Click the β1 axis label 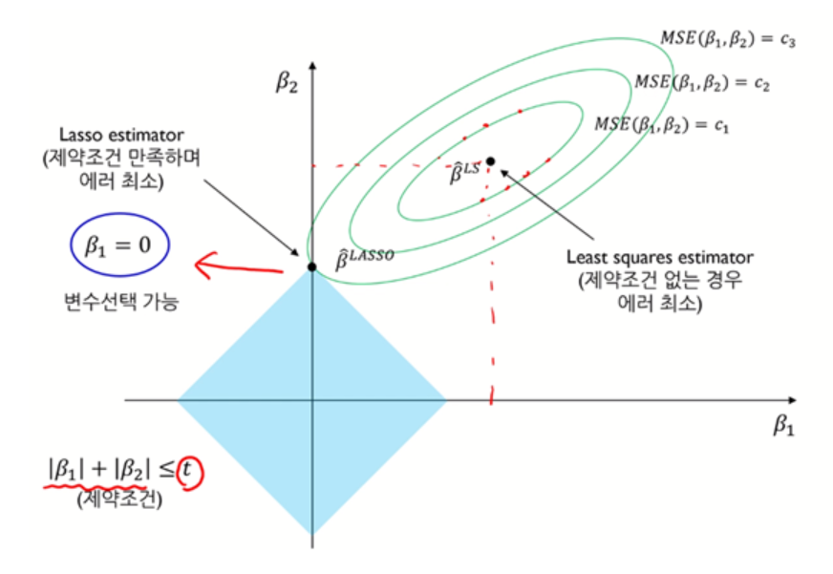tap(783, 425)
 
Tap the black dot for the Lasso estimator tap(312, 266)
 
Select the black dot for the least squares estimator tap(491, 160)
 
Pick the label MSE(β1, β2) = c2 tap(703, 82)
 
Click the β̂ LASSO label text tap(363, 255)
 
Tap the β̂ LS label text tap(464, 173)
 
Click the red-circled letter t tap(194, 472)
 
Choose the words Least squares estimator tap(660, 257)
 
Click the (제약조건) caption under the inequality tap(119, 498)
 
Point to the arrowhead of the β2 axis tap(313, 64)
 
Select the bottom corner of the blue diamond tap(312, 533)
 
